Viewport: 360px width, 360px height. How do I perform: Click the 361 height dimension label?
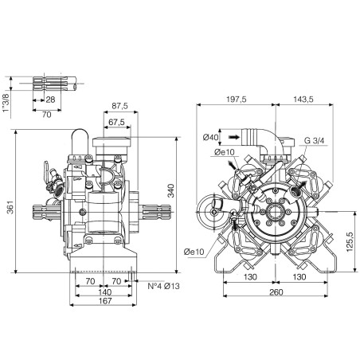pyautogui.click(x=10, y=208)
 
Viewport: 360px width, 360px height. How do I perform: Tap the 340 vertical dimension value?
pyautogui.click(x=171, y=190)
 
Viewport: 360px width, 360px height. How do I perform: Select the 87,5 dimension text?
pyautogui.click(x=119, y=106)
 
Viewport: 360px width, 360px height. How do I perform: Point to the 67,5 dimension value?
pyautogui.click(x=116, y=122)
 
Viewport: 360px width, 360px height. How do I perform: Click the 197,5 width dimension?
pyautogui.click(x=237, y=100)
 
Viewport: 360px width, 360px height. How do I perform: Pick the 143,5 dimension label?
pyautogui.click(x=303, y=100)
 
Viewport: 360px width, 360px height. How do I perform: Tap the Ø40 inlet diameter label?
pyautogui.click(x=210, y=137)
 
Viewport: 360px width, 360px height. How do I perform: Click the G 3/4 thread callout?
pyautogui.click(x=315, y=140)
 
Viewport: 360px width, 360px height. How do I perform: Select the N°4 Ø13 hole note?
pyautogui.click(x=163, y=286)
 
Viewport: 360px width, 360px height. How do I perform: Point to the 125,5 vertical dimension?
pyautogui.click(x=350, y=241)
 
